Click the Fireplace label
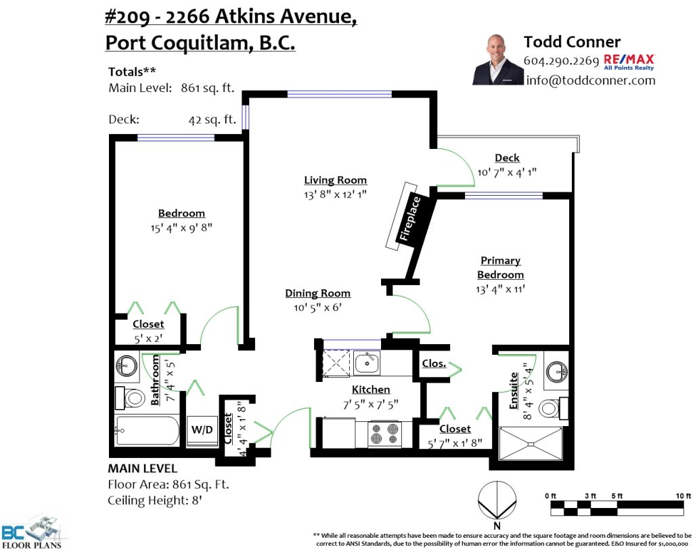point(409,219)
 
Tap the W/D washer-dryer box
point(202,430)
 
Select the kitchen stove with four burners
point(384,433)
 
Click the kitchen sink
point(366,364)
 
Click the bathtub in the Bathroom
point(147,431)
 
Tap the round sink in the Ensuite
point(556,371)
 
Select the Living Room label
point(336,180)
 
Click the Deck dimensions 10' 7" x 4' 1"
point(507,172)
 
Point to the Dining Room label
point(318,293)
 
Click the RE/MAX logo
point(629,62)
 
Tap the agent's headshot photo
point(497,60)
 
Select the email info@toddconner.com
point(590,81)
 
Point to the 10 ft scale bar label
point(683,496)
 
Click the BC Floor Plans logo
point(32,532)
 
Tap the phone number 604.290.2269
point(561,60)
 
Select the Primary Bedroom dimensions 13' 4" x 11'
point(500,289)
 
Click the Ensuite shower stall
point(531,444)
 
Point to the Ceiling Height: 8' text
point(155,501)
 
